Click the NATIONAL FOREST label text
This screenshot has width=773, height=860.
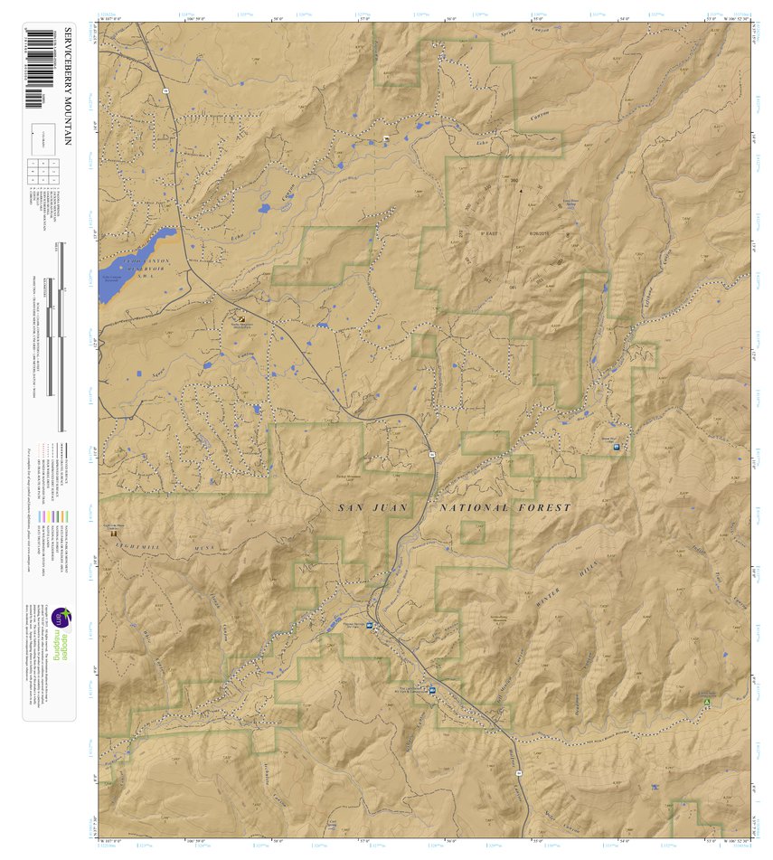pos(505,508)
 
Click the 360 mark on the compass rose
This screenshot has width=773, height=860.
pos(514,181)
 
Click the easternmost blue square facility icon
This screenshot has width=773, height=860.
pos(616,447)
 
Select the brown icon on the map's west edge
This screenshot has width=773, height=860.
pos(114,534)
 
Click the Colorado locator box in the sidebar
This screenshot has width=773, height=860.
pos(42,137)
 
